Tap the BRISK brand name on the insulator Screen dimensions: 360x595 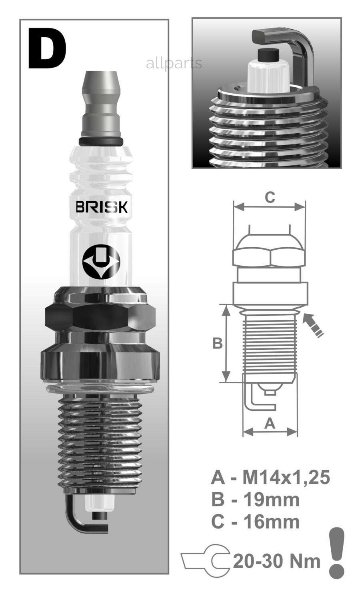coord(102,207)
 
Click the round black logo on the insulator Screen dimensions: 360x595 coord(101,261)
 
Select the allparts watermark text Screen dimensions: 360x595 coord(174,64)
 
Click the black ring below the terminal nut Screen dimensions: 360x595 coord(101,142)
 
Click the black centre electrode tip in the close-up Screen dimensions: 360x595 coord(268,54)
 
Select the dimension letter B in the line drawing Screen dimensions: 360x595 coord(218,343)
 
